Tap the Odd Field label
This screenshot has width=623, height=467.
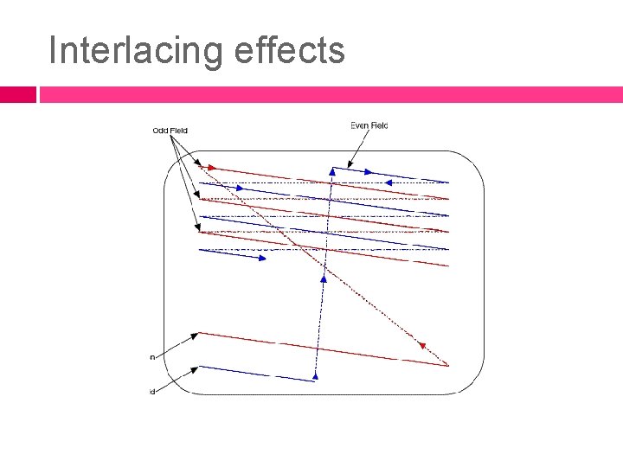click(170, 131)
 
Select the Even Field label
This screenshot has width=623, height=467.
click(369, 125)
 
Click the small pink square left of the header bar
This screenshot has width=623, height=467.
click(17, 93)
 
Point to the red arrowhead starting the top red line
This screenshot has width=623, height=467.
click(210, 167)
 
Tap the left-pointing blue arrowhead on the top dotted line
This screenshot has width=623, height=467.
click(389, 182)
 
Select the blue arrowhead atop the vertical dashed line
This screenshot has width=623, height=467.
click(331, 171)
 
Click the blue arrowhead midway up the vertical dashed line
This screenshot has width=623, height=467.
click(324, 278)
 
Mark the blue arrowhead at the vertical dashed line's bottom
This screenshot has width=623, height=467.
click(316, 375)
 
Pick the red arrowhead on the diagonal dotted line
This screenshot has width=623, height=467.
click(421, 345)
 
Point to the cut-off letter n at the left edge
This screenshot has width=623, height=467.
click(152, 356)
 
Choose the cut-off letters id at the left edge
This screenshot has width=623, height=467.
click(152, 392)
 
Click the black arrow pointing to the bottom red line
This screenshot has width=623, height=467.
click(178, 343)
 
